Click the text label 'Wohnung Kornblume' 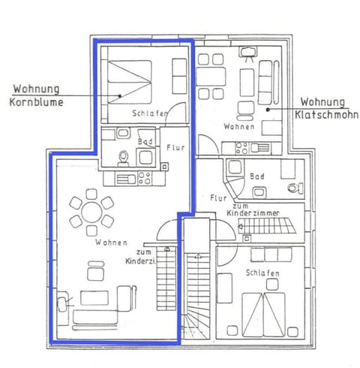tap(37, 95)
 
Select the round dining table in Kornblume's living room tap(91, 211)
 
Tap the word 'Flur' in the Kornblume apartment tap(175, 148)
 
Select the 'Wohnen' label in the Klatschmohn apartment tap(238, 127)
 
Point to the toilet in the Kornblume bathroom tap(124, 157)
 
